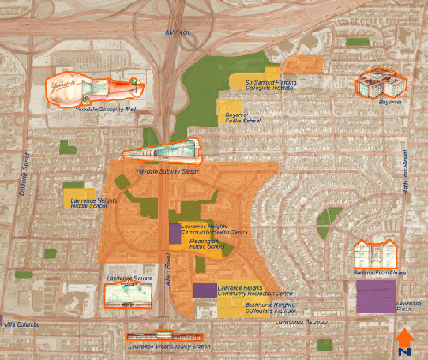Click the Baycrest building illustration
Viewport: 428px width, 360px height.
pos(381,84)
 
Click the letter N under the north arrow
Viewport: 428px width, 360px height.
pos(405,351)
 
